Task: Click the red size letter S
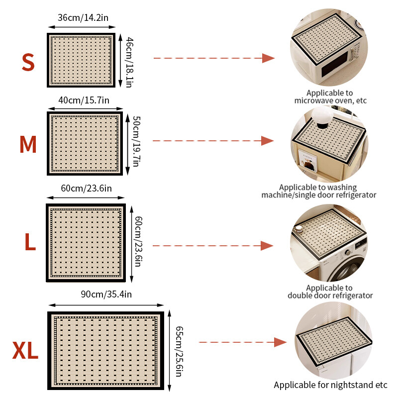click(x=28, y=62)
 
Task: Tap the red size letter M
click(x=28, y=144)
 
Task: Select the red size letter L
click(x=30, y=242)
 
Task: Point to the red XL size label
click(x=25, y=350)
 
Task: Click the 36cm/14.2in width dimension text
click(x=83, y=18)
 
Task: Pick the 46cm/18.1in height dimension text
click(x=129, y=63)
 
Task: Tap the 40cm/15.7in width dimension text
click(x=84, y=100)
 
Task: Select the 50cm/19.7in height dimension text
click(x=136, y=141)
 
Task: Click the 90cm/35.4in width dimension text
click(x=106, y=294)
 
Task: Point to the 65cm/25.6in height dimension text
click(x=179, y=351)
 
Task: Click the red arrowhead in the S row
click(x=268, y=58)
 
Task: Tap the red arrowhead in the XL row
click(x=280, y=342)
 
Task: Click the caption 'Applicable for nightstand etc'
click(x=330, y=385)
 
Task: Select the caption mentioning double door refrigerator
click(x=330, y=292)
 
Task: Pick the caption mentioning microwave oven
click(x=330, y=97)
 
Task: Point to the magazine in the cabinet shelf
click(x=308, y=160)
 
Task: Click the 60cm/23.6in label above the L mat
click(x=86, y=189)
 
